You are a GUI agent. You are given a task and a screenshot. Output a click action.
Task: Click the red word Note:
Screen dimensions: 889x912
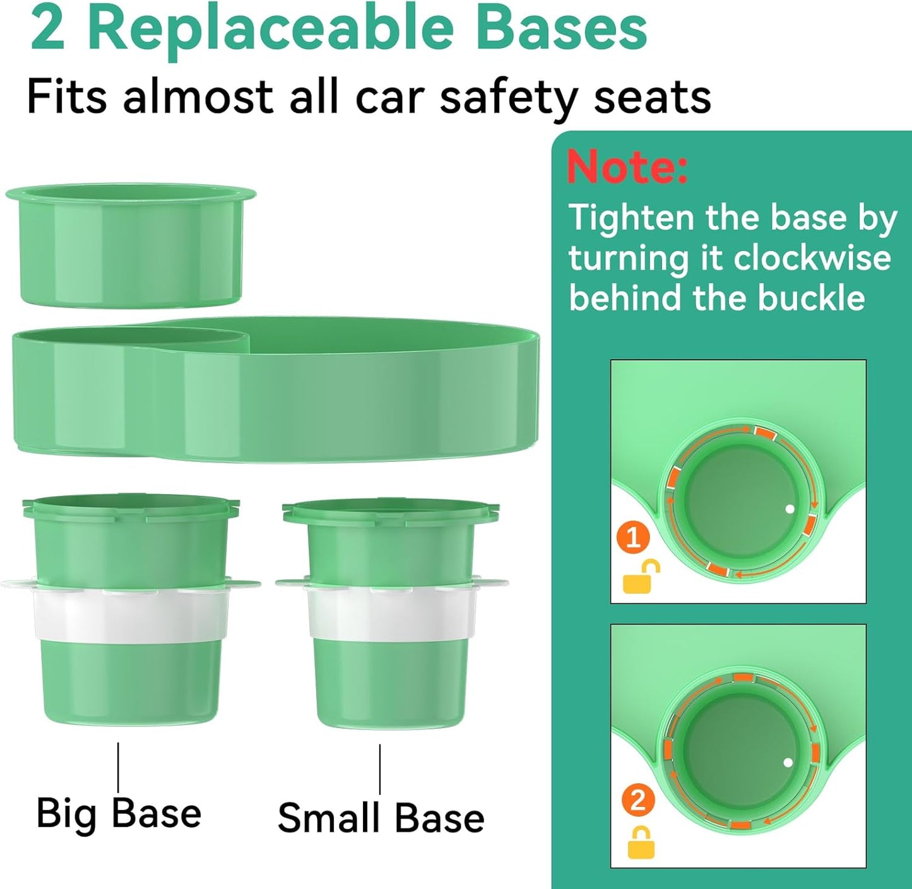pos(627,167)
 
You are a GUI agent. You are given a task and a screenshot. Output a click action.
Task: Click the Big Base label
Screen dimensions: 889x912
pos(119,813)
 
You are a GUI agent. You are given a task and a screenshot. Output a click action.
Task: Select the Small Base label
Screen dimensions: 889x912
pos(381,818)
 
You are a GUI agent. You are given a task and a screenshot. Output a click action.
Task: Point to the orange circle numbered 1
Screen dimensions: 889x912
pos(633,538)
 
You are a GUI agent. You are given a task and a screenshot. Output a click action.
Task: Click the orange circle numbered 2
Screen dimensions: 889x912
pos(638,800)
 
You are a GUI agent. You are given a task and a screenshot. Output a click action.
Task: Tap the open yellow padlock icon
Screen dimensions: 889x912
pos(641,577)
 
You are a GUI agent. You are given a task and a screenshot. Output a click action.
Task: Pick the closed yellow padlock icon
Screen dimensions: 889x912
pos(641,843)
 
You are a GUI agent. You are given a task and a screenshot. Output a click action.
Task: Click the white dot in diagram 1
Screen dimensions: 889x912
pos(789,509)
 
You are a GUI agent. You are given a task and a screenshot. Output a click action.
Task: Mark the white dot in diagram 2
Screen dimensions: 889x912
pos(788,762)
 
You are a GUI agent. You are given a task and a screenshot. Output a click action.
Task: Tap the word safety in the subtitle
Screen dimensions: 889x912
pos(508,98)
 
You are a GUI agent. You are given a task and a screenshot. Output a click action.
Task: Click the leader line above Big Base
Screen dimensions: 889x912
pos(118,767)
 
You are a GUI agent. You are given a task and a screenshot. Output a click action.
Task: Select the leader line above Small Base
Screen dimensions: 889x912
pos(380,769)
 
